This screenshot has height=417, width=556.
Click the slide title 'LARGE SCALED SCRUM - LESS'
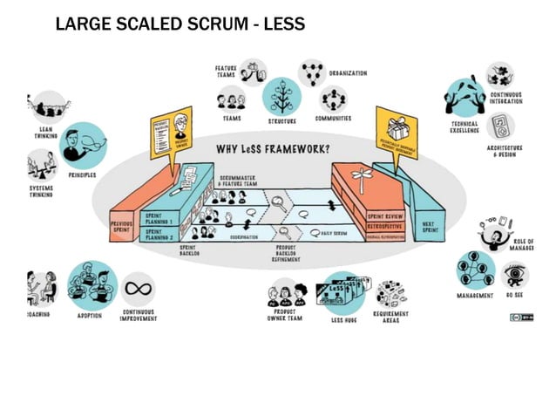(180, 24)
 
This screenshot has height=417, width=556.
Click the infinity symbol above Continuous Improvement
(139, 289)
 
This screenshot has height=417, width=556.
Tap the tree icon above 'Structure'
(281, 95)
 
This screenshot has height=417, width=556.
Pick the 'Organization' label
(348, 73)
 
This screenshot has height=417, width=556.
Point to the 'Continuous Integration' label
(506, 98)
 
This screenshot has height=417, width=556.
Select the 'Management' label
(475, 296)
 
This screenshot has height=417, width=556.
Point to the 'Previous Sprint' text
(121, 226)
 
